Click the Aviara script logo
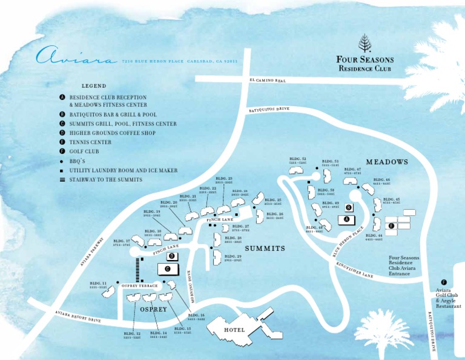pos(76,58)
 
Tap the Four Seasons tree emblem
pos(365,43)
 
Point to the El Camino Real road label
pos(267,81)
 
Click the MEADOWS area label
pos(387,162)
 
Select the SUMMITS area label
pos(265,249)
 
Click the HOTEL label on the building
pos(234,330)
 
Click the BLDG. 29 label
pos(233,258)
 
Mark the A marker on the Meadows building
pos(346,219)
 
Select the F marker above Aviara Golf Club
pos(444,282)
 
